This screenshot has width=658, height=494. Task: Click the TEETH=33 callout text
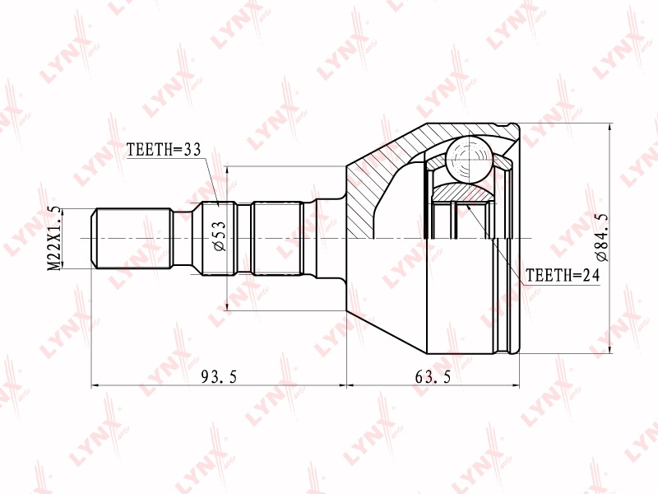pos(164,150)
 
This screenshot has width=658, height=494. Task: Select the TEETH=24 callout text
pos(563,275)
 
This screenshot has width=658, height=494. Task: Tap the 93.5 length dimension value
pos(219,377)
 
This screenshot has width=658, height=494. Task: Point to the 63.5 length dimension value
pos(433,377)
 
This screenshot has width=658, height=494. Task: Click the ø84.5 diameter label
pos(601,237)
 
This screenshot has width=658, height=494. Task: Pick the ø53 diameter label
pos(219,236)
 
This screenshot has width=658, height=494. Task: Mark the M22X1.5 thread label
pos(54,238)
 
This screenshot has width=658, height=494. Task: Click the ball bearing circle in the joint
pos(468,159)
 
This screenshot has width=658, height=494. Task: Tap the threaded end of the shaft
pos(132,238)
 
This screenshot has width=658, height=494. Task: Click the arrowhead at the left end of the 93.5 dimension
pos(95,384)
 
